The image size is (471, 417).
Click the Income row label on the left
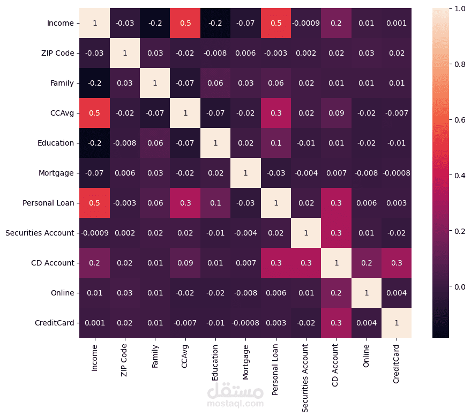click(x=60, y=23)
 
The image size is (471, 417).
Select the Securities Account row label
click(x=40, y=233)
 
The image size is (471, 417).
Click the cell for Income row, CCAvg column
click(x=185, y=23)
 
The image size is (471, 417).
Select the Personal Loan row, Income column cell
click(x=94, y=203)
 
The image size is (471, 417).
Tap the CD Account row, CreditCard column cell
click(x=397, y=263)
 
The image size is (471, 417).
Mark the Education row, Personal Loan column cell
click(x=275, y=143)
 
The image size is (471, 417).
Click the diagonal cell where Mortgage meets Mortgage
click(x=245, y=173)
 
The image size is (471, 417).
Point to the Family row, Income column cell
click(x=94, y=83)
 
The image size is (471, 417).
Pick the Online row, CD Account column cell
click(x=336, y=293)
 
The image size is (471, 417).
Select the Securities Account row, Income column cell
click(x=94, y=233)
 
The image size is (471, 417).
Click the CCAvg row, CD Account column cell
click(x=336, y=113)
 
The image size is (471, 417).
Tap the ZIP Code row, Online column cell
click(x=366, y=53)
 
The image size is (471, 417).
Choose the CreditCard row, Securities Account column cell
click(x=305, y=323)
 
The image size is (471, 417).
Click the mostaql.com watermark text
click(x=236, y=404)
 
